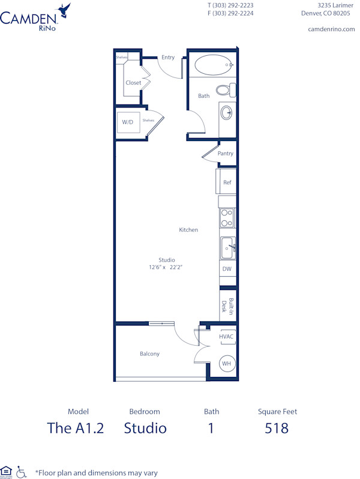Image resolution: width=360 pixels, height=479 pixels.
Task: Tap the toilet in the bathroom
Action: tap(225, 90)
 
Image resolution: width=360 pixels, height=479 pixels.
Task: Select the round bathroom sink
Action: tap(227, 112)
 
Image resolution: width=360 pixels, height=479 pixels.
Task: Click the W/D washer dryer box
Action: tap(128, 122)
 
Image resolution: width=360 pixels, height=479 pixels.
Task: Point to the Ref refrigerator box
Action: tap(227, 182)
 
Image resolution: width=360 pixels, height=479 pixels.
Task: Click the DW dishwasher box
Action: tap(227, 269)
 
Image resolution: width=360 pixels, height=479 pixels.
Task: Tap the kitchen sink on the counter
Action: tap(227, 247)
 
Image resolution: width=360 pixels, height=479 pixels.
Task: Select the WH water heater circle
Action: tap(226, 363)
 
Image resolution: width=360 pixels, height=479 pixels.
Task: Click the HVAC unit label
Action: tap(226, 337)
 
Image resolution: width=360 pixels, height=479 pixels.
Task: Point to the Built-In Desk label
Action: tap(227, 307)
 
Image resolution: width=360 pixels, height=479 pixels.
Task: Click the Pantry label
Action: tap(226, 154)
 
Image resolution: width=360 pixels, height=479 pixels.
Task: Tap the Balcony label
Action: tap(149, 354)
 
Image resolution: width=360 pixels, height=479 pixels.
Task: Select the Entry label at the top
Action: tap(168, 58)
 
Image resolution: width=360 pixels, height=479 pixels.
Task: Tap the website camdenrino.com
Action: tap(331, 29)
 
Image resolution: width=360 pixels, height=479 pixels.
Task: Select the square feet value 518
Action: tap(277, 428)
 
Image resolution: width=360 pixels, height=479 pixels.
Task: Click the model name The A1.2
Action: tap(76, 428)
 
